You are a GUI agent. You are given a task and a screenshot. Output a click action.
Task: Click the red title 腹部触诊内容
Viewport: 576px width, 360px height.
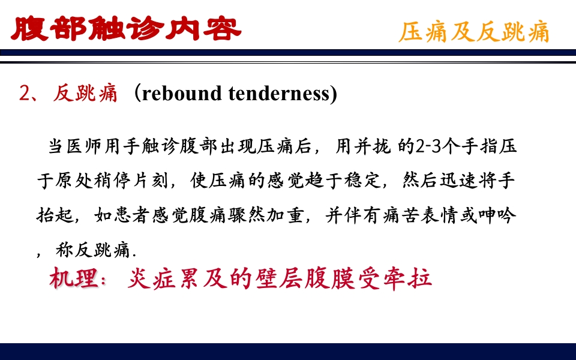tap(126, 28)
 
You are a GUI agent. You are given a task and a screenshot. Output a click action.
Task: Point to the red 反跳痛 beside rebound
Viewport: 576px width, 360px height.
tap(85, 94)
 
